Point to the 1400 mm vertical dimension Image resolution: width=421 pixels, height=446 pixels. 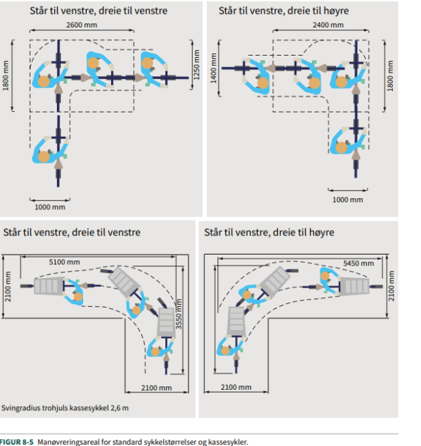pyautogui.click(x=213, y=67)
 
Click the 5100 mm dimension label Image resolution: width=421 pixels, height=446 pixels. pyautogui.click(x=64, y=261)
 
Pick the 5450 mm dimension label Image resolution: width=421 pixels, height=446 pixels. pyautogui.click(x=358, y=263)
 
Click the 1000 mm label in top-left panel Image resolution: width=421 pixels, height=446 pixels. pyautogui.click(x=50, y=206)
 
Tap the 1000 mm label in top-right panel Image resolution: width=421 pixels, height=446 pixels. pyautogui.click(x=348, y=200)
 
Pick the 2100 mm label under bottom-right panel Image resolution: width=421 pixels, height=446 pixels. pyautogui.click(x=237, y=388)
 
